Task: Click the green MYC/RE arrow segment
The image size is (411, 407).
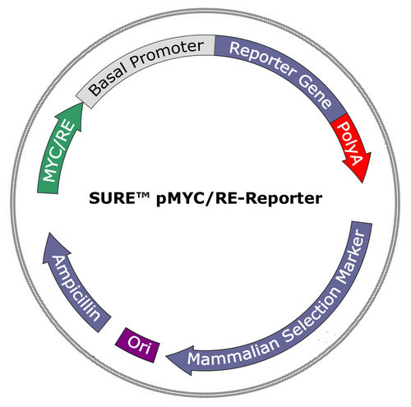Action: tap(59, 150)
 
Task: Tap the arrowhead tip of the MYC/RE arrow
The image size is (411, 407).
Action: tap(82, 104)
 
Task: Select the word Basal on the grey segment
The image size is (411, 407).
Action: tap(109, 77)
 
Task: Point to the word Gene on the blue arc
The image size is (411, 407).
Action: tap(315, 91)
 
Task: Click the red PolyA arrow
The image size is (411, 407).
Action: tap(353, 146)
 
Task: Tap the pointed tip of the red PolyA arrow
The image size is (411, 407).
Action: tap(363, 183)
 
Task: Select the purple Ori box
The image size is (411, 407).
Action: tap(137, 345)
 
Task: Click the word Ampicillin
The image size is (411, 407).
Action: tap(76, 289)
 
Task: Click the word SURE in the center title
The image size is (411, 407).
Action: tap(111, 198)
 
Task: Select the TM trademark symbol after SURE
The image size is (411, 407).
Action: tap(141, 195)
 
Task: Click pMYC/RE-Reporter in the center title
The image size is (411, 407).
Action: tap(239, 199)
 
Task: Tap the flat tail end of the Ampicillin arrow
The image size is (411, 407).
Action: tap(104, 325)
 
